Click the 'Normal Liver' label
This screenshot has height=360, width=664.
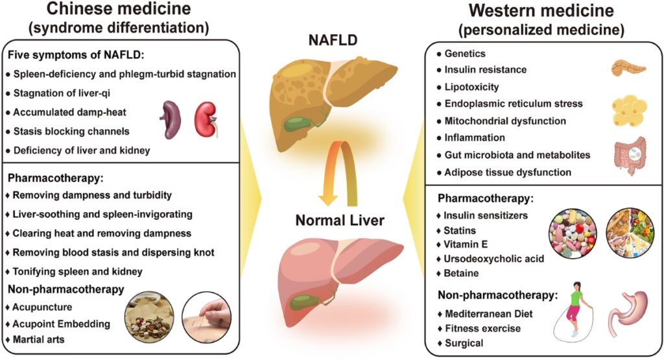[339, 221]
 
